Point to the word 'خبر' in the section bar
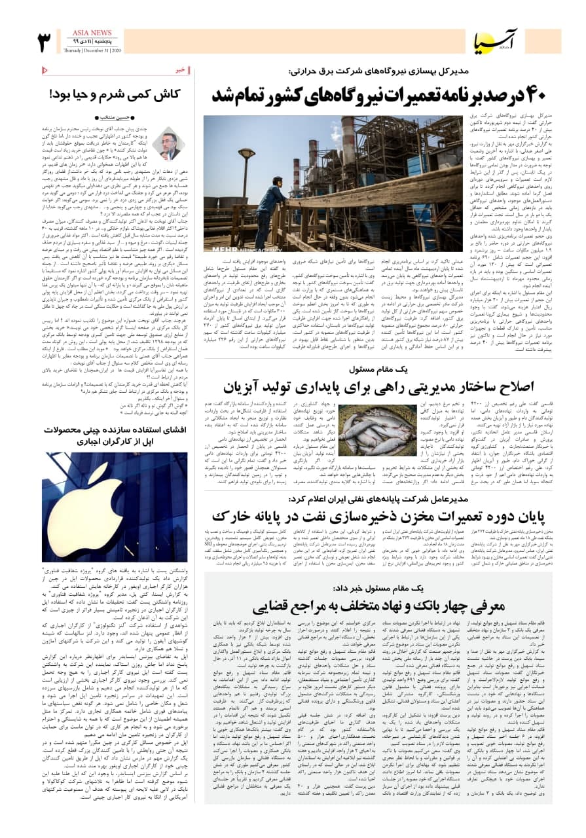click(x=180, y=70)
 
